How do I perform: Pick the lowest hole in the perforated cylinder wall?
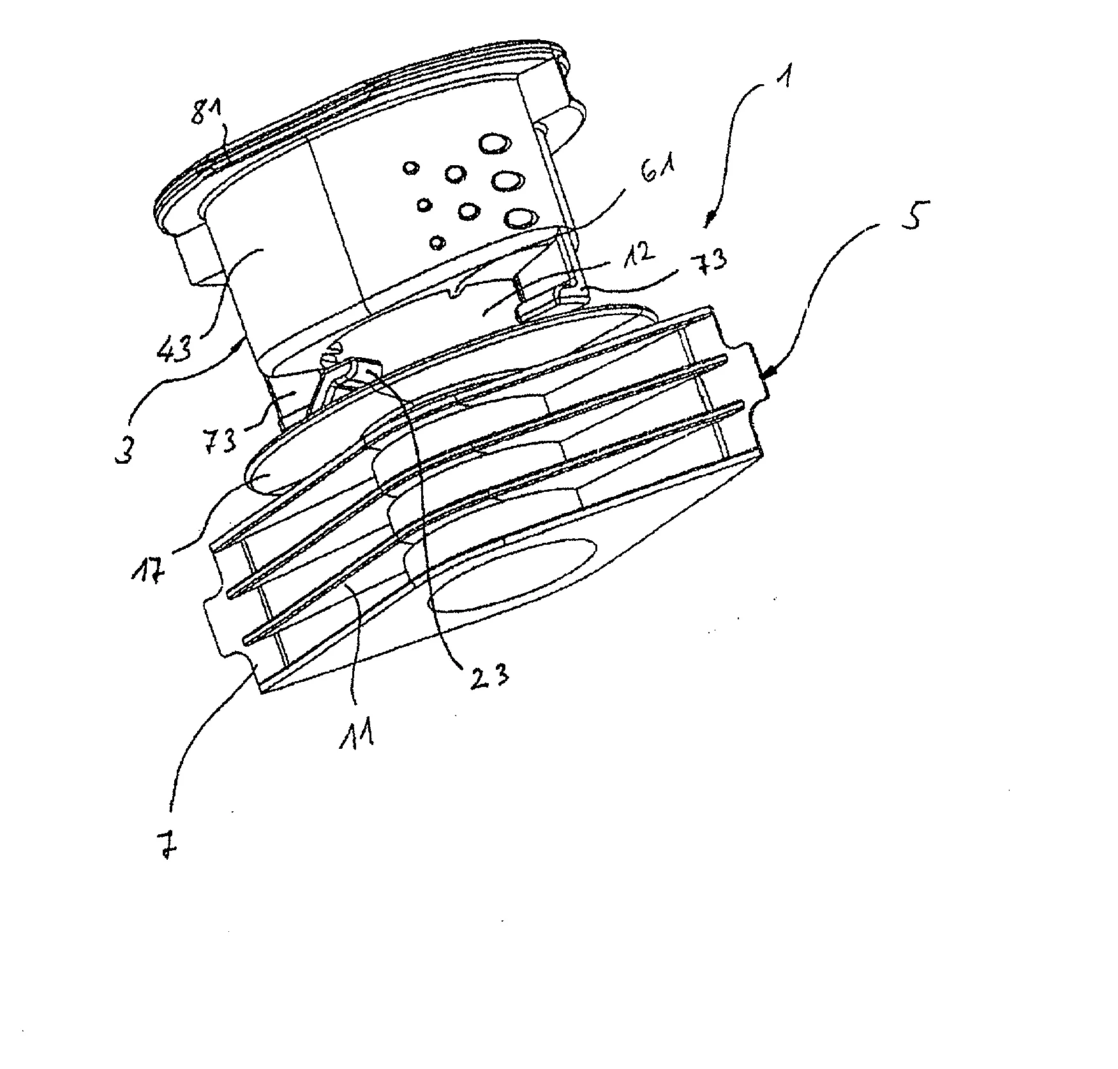pos(437,242)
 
